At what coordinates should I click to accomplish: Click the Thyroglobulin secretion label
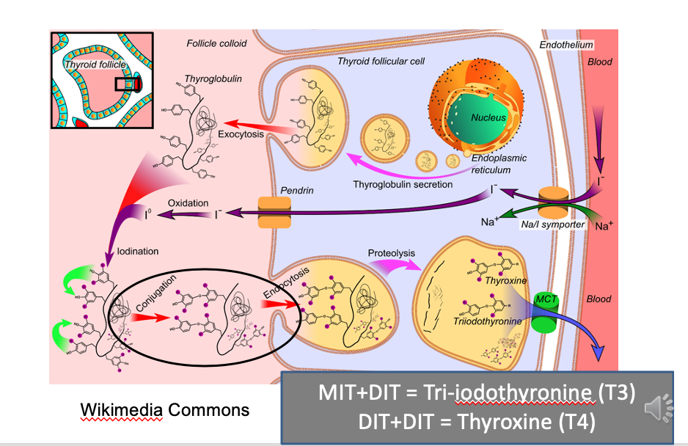[403, 184]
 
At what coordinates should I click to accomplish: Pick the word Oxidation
[189, 203]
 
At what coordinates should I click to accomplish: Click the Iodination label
[137, 251]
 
